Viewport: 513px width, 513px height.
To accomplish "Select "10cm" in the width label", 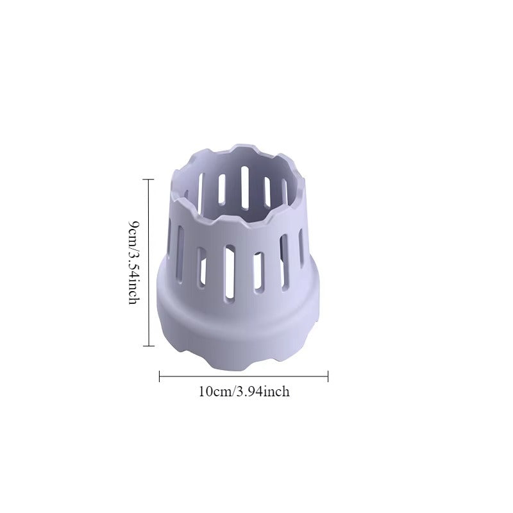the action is (x=215, y=391).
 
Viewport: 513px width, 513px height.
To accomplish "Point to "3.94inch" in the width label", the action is (x=263, y=391).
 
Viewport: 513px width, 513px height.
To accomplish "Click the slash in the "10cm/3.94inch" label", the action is (x=234, y=391).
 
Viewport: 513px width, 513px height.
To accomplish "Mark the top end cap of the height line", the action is (x=149, y=180).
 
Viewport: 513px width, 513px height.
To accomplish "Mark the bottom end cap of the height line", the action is (x=149, y=346).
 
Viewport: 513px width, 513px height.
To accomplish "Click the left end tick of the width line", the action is (x=159, y=376).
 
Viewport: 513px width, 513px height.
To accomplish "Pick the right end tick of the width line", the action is (x=328, y=376).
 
